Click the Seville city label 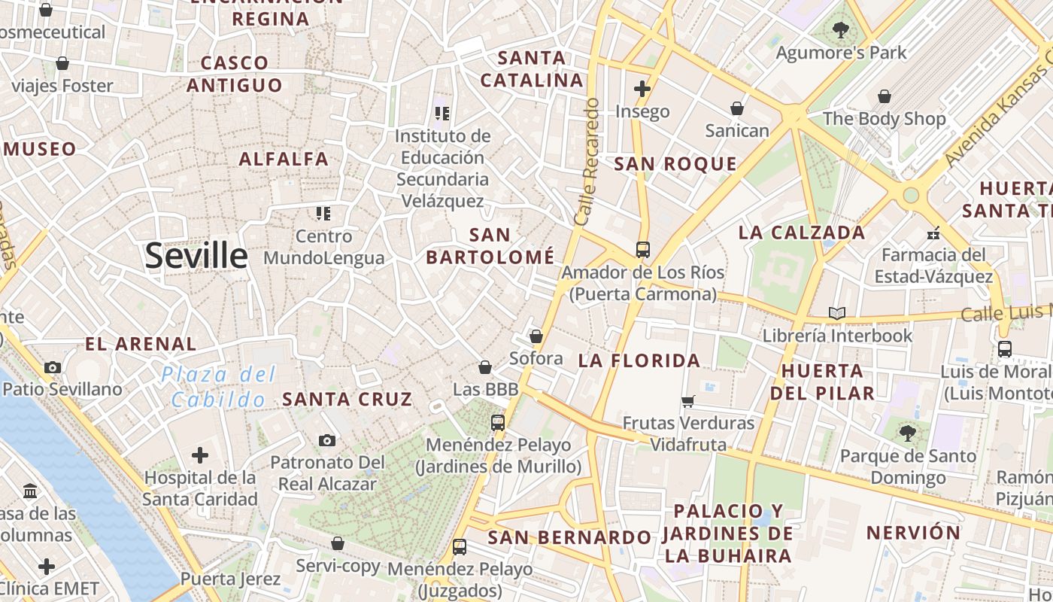click(196, 256)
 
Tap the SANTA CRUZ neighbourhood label click(347, 399)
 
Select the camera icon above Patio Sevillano click(52, 367)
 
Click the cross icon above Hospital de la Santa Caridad click(200, 455)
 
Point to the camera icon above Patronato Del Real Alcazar click(326, 440)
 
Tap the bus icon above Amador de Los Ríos click(642, 249)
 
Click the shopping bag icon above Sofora click(536, 336)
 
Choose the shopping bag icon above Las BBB click(485, 367)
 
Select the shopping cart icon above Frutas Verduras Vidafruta click(687, 401)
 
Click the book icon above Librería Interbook click(836, 312)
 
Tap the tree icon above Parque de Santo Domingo click(908, 433)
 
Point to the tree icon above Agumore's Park click(840, 30)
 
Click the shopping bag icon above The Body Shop click(885, 96)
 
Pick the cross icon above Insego click(642, 89)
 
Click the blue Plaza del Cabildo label click(219, 387)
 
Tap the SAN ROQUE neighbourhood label click(675, 164)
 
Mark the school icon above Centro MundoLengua click(323, 214)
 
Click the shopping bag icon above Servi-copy click(338, 543)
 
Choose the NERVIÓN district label click(913, 533)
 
